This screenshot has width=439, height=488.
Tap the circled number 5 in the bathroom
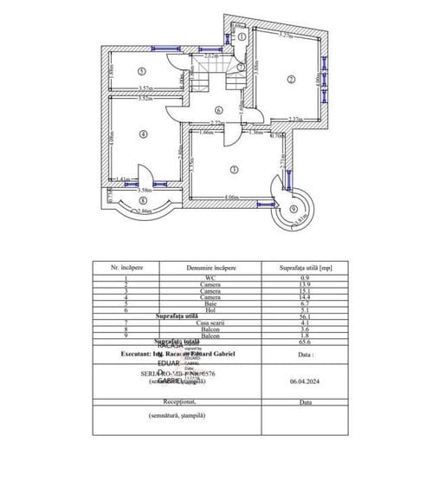pyautogui.click(x=141, y=72)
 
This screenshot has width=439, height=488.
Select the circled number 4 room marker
pyautogui.click(x=142, y=133)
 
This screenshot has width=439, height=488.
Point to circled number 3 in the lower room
pyautogui.click(x=233, y=169)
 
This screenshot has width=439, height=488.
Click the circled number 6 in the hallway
pyautogui.click(x=219, y=110)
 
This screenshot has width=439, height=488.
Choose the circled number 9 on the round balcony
pyautogui.click(x=294, y=209)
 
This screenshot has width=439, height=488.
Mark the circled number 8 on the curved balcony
pyautogui.click(x=141, y=200)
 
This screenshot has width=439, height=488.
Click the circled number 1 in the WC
pyautogui.click(x=242, y=37)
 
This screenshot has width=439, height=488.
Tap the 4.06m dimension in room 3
pyautogui.click(x=230, y=198)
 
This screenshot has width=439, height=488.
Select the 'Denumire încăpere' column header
pyautogui.click(x=211, y=269)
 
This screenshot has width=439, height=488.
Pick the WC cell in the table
pyautogui.click(x=211, y=277)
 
